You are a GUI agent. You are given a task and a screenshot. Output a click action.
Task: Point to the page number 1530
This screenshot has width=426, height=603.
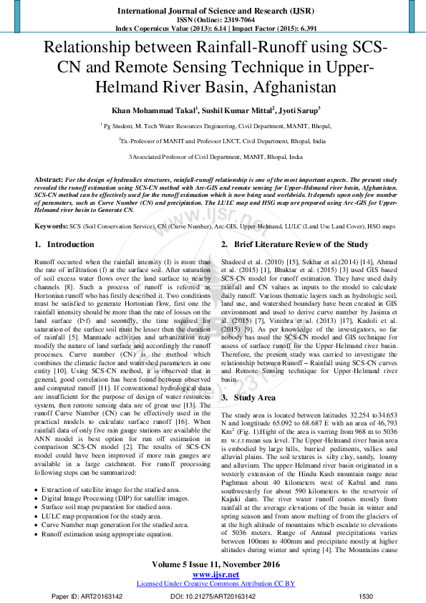pos(367,597)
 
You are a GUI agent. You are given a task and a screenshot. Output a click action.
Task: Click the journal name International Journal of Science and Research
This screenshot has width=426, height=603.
pos(212,11)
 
